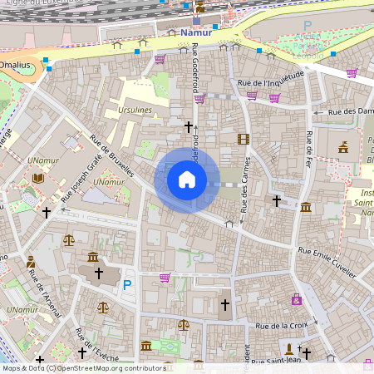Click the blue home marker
coord(187,180)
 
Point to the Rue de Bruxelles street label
coord(113,158)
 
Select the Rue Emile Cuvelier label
coord(327,262)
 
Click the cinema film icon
coord(243,140)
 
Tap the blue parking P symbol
coord(127,284)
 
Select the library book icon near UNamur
coord(37,178)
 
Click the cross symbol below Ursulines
coord(188,127)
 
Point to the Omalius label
coord(14,64)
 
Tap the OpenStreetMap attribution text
coord(83,368)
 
